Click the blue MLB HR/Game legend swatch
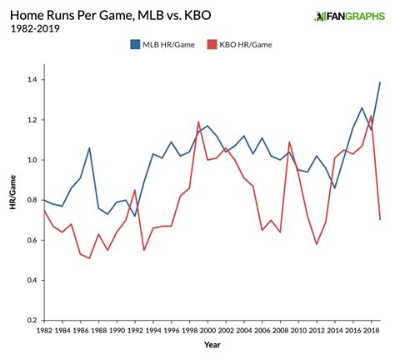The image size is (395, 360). pyautogui.click(x=135, y=42)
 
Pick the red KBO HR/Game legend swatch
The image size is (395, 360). pyautogui.click(x=214, y=42)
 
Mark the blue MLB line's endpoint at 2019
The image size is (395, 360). pyautogui.click(x=380, y=82)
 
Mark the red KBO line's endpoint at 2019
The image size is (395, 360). pyautogui.click(x=380, y=219)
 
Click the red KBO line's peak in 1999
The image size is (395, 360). pyautogui.click(x=199, y=122)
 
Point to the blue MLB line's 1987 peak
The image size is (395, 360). pyautogui.click(x=89, y=148)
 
